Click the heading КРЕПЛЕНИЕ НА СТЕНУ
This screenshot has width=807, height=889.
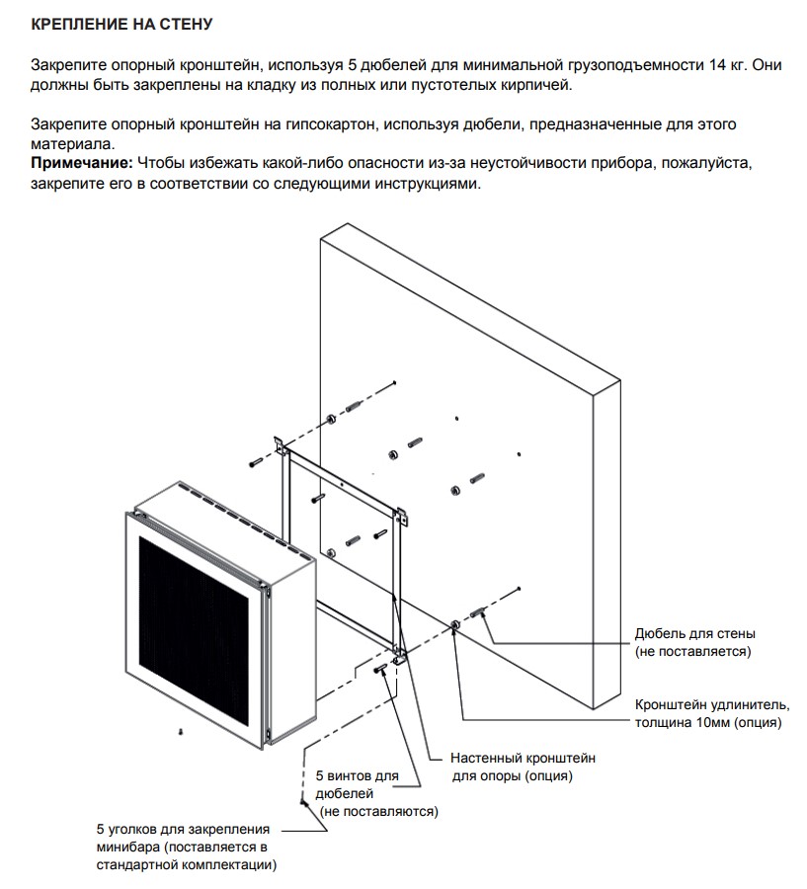[121, 22]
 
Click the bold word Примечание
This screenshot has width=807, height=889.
[82, 162]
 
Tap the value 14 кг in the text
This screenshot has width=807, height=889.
[727, 64]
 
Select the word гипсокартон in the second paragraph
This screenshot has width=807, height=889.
[328, 124]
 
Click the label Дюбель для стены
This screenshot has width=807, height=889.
[695, 633]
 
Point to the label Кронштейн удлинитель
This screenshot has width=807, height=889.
[711, 704]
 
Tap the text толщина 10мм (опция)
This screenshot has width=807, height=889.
[708, 723]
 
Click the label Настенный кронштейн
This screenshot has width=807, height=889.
[523, 758]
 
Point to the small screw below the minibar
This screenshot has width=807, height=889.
[182, 731]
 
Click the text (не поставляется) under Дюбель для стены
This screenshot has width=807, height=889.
[692, 652]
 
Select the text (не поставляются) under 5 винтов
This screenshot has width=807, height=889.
[376, 811]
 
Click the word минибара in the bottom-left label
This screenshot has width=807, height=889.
[128, 848]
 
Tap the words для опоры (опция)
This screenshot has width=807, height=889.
[512, 776]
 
